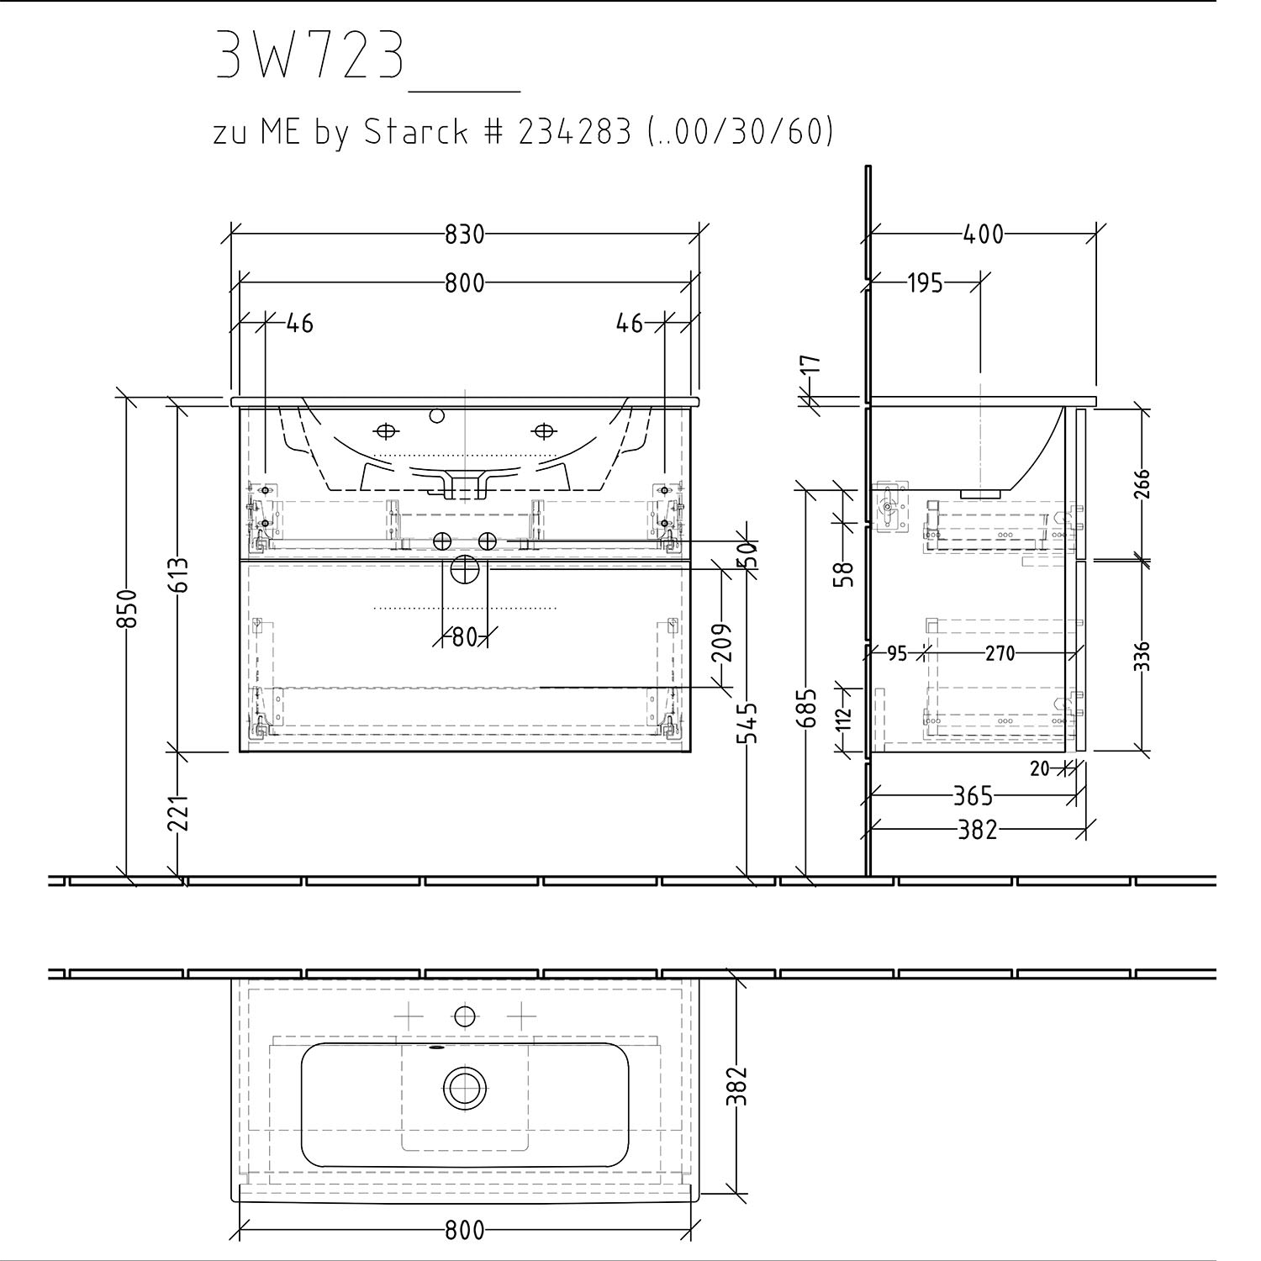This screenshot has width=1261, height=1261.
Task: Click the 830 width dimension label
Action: point(464,234)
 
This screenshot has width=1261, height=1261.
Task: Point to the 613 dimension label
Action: point(179,574)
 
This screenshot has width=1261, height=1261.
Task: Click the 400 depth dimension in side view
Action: point(983,234)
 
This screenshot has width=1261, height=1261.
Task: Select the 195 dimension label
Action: point(925,283)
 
